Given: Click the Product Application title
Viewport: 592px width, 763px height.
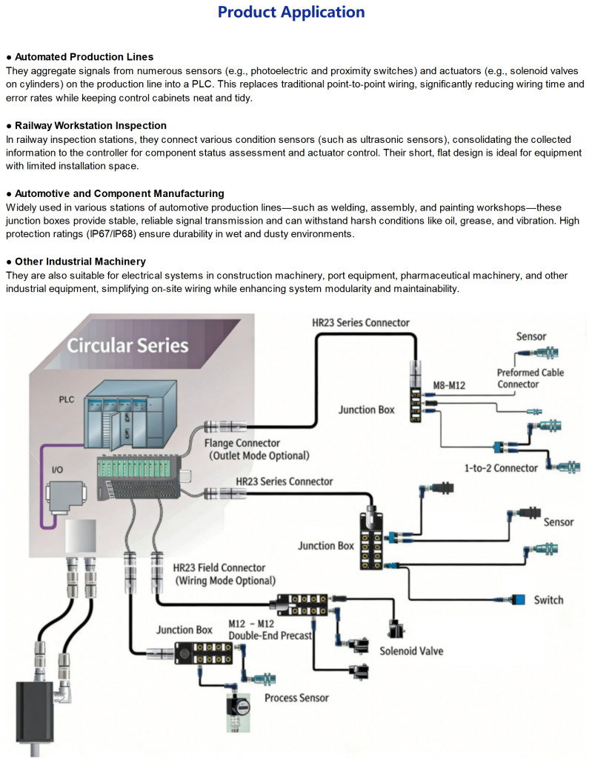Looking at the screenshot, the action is (x=291, y=12).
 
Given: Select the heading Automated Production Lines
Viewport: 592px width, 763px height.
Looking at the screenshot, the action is (x=84, y=57).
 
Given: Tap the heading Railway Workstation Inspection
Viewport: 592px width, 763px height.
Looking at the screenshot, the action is (x=90, y=125).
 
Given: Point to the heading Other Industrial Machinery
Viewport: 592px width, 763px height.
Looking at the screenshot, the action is (x=80, y=261).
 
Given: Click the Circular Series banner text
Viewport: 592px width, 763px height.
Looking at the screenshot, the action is (x=127, y=345).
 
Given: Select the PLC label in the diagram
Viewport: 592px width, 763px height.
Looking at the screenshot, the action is (x=67, y=399).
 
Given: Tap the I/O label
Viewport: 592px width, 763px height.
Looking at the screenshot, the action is (x=57, y=470).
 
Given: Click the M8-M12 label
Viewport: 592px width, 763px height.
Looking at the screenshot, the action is (x=449, y=385).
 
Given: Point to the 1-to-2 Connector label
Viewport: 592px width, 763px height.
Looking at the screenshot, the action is (x=500, y=468).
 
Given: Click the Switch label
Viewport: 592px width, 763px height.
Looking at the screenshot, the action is (x=549, y=600).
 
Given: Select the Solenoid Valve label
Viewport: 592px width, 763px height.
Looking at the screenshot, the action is (x=411, y=651).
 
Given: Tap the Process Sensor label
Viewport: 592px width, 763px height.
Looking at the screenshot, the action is (x=296, y=698).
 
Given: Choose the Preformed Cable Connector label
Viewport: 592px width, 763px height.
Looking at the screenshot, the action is (x=531, y=379).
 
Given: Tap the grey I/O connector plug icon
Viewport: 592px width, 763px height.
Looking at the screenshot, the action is (x=67, y=497).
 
